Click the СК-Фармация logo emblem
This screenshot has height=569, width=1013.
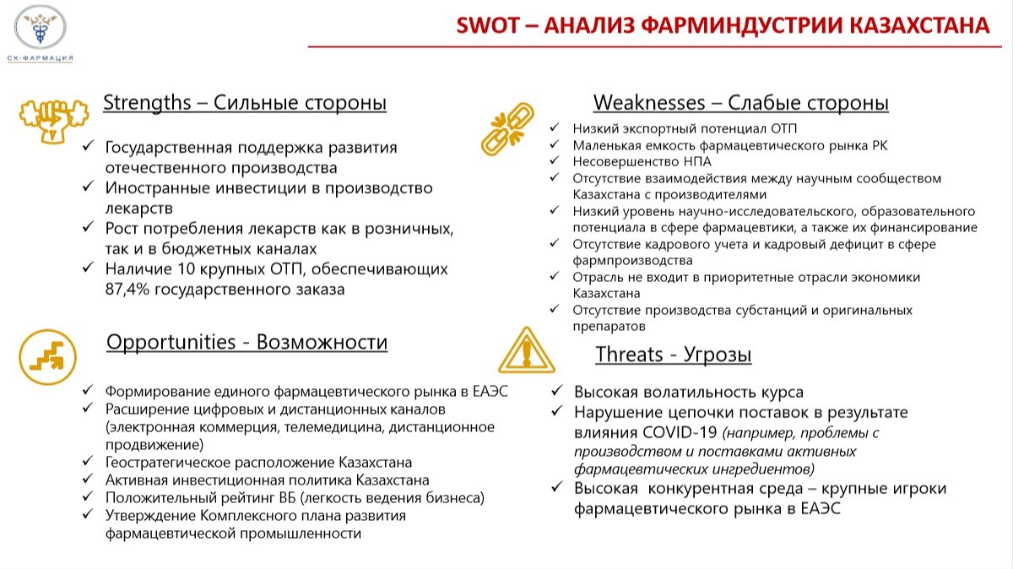(x=41, y=27)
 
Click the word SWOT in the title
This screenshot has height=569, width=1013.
(x=487, y=24)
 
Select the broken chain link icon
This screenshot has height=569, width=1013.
(x=507, y=129)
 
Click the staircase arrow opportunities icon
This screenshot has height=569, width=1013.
(x=47, y=357)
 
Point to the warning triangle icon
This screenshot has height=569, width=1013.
(x=527, y=350)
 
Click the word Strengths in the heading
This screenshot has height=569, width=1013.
(x=147, y=103)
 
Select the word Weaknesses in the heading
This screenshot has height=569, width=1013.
(x=649, y=103)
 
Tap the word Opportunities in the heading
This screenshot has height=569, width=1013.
(x=171, y=342)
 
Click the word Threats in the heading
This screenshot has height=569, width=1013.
(x=629, y=354)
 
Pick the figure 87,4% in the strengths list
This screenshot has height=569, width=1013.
(x=127, y=289)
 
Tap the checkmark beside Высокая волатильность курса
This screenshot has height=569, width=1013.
(x=556, y=390)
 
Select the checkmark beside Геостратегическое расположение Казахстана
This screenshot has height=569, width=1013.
(x=87, y=461)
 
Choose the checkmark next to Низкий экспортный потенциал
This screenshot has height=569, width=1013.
(x=554, y=127)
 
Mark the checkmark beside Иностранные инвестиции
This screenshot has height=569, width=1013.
(x=88, y=187)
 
